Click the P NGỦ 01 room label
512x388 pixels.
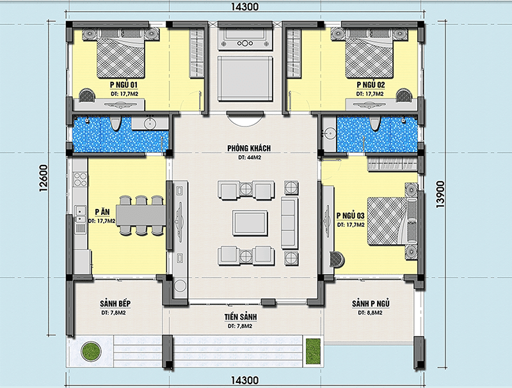[124, 85]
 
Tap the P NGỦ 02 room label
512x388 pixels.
[371, 85]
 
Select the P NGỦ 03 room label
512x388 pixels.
[350, 216]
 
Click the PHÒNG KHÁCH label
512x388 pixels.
[249, 148]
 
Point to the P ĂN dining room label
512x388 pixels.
[102, 212]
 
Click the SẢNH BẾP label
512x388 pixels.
[115, 304]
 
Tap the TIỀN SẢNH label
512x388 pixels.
[241, 317]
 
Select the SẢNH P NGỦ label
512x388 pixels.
[371, 304]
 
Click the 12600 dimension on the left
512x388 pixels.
[44, 178]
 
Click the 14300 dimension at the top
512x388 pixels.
[244, 6]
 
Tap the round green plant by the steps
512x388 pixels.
[90, 351]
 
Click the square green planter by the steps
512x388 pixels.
[313, 352]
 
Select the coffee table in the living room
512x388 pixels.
[250, 222]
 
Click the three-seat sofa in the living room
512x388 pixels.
[290, 223]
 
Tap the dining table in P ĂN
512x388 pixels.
[141, 215]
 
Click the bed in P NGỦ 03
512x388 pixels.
[392, 221]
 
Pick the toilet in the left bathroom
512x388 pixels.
[115, 123]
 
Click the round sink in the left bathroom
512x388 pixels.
[150, 124]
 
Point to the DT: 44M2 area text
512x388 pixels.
[250, 157]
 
